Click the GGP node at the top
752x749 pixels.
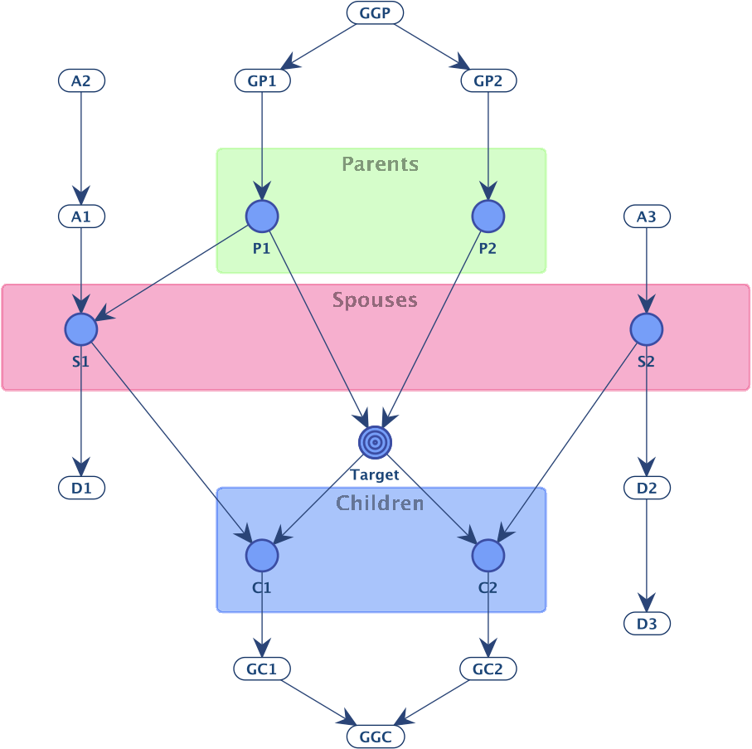(375, 12)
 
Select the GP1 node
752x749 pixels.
(262, 80)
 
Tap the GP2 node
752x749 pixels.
(488, 80)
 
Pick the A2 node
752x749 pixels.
(81, 80)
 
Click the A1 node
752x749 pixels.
(81, 216)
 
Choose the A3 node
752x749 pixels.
(647, 216)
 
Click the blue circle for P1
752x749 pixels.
(262, 216)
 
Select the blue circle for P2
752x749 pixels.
(488, 216)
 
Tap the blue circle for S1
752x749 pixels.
(81, 329)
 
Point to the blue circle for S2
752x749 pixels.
(647, 329)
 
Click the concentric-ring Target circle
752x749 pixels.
(375, 442)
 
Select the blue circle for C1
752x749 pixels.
(262, 556)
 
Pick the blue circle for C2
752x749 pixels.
(488, 556)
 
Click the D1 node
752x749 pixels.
(81, 488)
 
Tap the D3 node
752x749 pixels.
(647, 624)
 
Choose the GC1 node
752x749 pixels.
(262, 669)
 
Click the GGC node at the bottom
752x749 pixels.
(375, 737)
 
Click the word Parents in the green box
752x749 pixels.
(381, 164)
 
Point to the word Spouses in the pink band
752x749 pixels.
(375, 300)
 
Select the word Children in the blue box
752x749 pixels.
(380, 503)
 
